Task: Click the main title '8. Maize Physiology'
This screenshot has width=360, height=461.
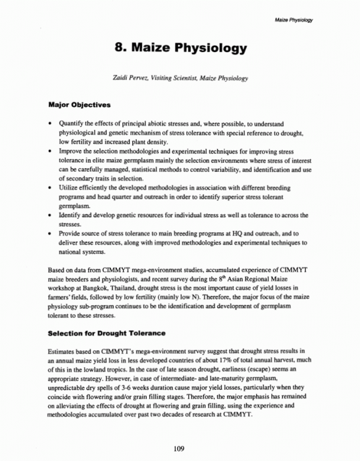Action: click(x=179, y=47)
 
